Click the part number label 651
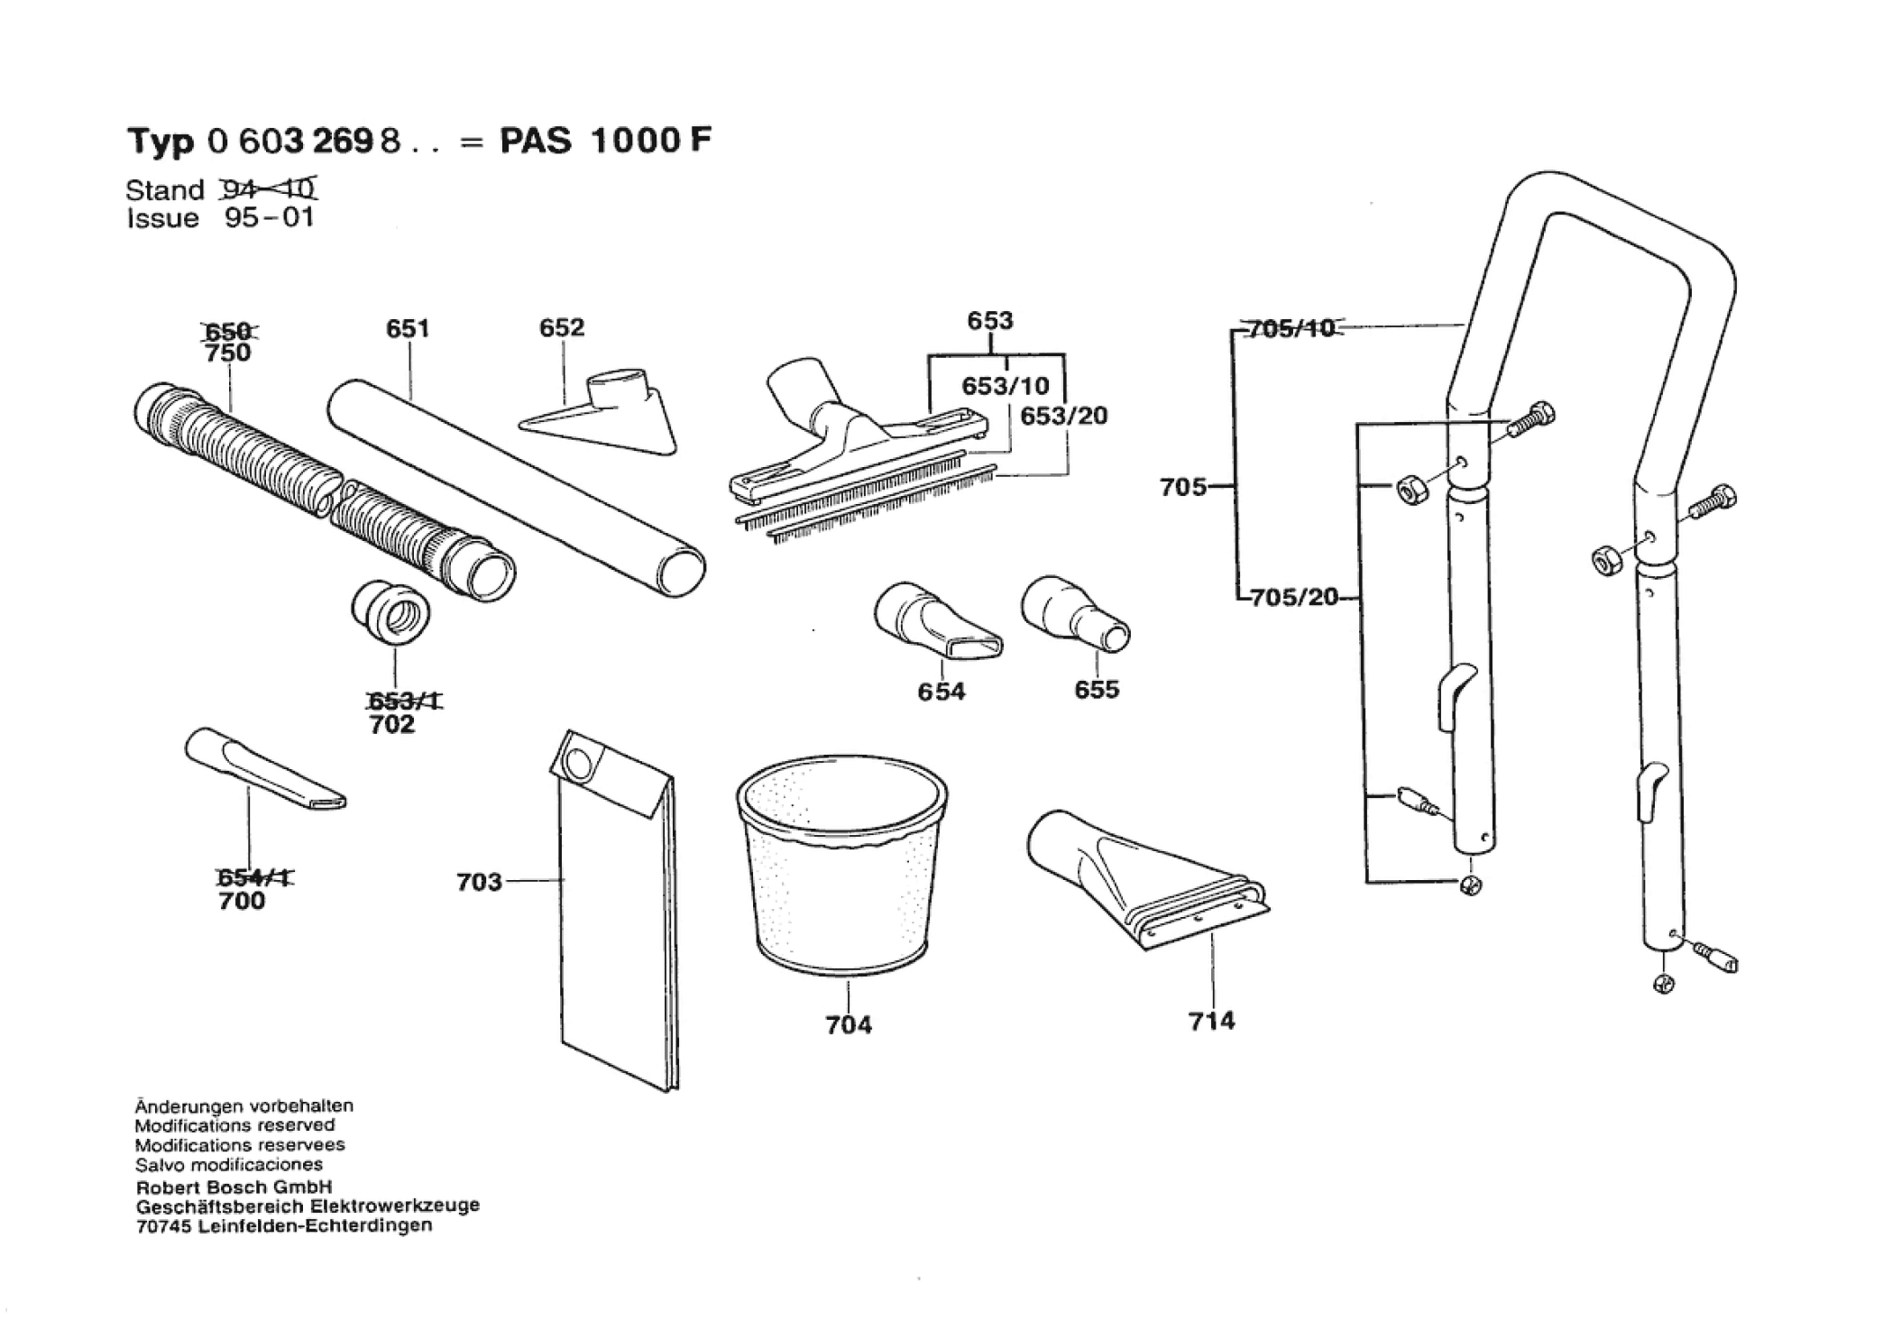tap(408, 329)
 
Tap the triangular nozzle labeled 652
tap(599, 411)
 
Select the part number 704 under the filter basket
tap(849, 1024)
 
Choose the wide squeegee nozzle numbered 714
tap(1146, 878)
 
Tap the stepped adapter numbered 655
tap(1076, 614)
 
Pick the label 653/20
tap(1064, 417)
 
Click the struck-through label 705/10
tap(1291, 328)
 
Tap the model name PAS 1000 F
tap(606, 141)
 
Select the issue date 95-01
tap(269, 218)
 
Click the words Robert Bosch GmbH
tap(234, 1187)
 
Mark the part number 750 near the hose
tap(227, 353)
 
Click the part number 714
tap(1211, 1021)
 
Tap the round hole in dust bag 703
tap(577, 763)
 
